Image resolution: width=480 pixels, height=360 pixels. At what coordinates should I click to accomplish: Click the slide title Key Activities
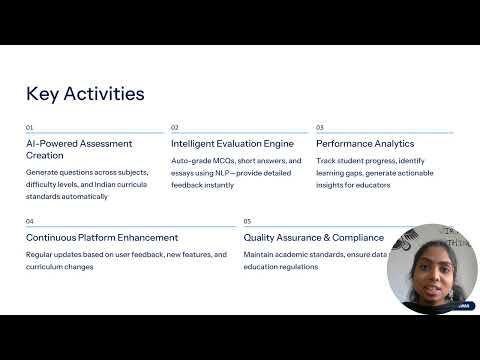click(x=85, y=94)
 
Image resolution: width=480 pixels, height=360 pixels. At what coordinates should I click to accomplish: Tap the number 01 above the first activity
click(x=30, y=128)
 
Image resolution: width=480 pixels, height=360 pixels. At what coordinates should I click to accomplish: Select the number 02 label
click(x=175, y=128)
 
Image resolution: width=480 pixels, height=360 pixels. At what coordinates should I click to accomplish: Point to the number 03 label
click(x=320, y=128)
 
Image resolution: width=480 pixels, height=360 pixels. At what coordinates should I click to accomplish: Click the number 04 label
click(x=30, y=221)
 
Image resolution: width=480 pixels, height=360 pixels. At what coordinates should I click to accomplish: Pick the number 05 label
click(x=248, y=221)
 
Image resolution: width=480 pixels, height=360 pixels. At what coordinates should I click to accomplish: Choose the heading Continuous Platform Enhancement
click(x=102, y=238)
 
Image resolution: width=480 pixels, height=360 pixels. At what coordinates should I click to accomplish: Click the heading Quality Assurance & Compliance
click(x=313, y=238)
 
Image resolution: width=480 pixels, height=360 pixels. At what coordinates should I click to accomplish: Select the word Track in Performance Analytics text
click(x=327, y=161)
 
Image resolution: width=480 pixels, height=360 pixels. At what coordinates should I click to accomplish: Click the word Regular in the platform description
click(x=42, y=255)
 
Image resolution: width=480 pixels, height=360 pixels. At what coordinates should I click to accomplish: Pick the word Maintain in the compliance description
click(x=261, y=255)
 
